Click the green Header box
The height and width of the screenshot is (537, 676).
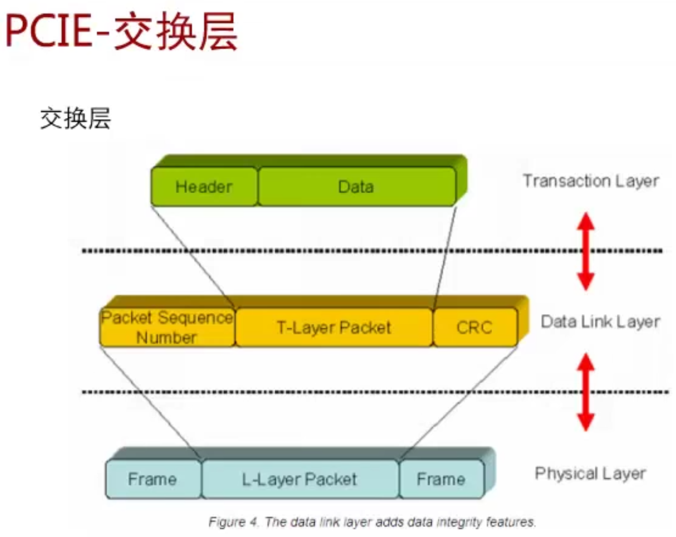204,186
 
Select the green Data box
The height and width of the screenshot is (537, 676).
356,186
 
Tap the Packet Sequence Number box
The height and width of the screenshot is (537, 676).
167,327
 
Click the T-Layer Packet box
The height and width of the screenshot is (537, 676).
334,327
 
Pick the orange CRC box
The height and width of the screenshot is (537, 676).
475,327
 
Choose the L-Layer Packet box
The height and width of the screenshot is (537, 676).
300,479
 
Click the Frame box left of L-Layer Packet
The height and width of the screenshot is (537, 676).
153,479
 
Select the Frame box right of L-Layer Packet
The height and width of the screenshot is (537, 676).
441,479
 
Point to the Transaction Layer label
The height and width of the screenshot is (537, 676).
590,181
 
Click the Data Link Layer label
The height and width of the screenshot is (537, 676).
600,322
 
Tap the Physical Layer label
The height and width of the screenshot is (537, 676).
590,474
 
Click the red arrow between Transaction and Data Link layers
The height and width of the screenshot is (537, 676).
585,251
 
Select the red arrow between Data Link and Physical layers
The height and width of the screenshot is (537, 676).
585,392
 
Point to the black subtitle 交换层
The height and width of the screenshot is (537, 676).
75,119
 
